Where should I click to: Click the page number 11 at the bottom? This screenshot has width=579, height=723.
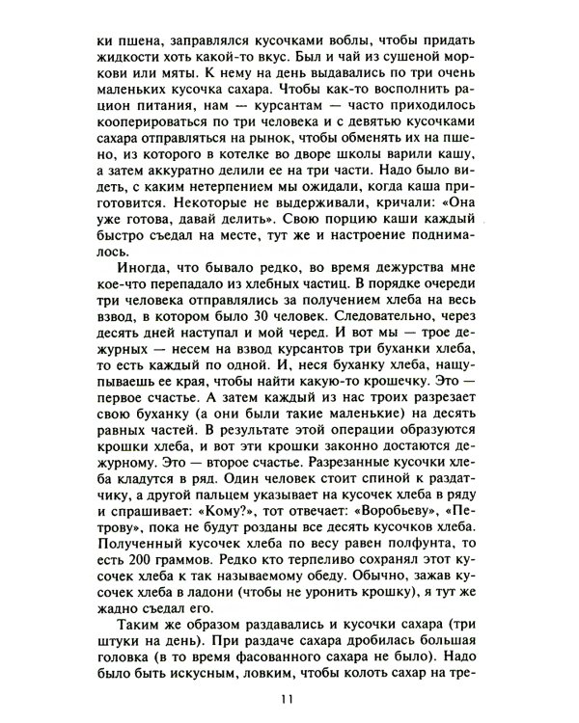click(x=286, y=700)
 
